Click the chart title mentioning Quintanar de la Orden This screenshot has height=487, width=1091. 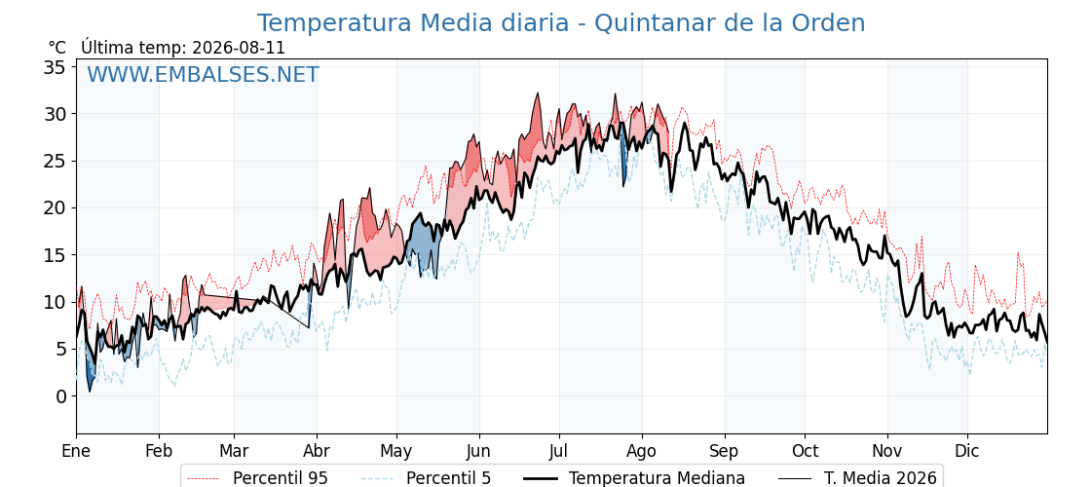(561, 23)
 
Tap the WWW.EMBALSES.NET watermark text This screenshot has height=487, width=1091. (203, 74)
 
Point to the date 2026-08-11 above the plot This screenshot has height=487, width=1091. (238, 48)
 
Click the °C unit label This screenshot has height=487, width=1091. (57, 48)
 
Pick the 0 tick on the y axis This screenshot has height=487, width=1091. (62, 396)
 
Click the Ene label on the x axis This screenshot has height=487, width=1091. (77, 451)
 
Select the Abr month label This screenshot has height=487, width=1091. (317, 451)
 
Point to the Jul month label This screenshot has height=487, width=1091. (559, 451)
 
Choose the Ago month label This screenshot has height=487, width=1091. (642, 451)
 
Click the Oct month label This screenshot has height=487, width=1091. (805, 451)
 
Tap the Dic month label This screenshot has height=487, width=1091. (967, 451)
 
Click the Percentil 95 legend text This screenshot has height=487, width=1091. (281, 478)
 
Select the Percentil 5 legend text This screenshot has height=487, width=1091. (449, 478)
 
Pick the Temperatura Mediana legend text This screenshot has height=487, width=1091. (657, 478)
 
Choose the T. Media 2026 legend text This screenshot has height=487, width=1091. (881, 478)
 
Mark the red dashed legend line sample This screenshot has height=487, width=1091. (204, 478)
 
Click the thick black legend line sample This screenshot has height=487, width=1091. (540, 478)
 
